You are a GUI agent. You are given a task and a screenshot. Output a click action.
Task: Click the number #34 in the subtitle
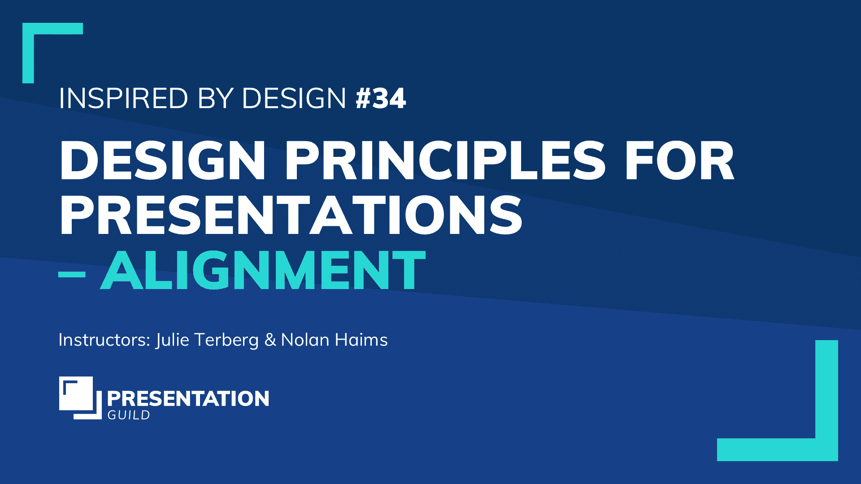point(381,98)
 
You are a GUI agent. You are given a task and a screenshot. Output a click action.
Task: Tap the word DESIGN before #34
point(294,98)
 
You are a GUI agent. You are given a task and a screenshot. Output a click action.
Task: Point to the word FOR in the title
point(679,160)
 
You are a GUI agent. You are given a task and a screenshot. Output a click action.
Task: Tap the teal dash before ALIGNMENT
point(72,274)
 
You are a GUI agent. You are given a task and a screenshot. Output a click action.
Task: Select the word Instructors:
point(104,340)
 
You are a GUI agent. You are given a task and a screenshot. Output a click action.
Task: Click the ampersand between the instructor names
point(270,340)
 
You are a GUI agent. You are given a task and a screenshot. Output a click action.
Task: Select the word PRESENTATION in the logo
point(188,398)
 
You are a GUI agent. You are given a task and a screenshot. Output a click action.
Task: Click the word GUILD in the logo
point(129,415)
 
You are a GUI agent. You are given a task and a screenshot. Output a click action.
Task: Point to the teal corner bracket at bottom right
point(826,449)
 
